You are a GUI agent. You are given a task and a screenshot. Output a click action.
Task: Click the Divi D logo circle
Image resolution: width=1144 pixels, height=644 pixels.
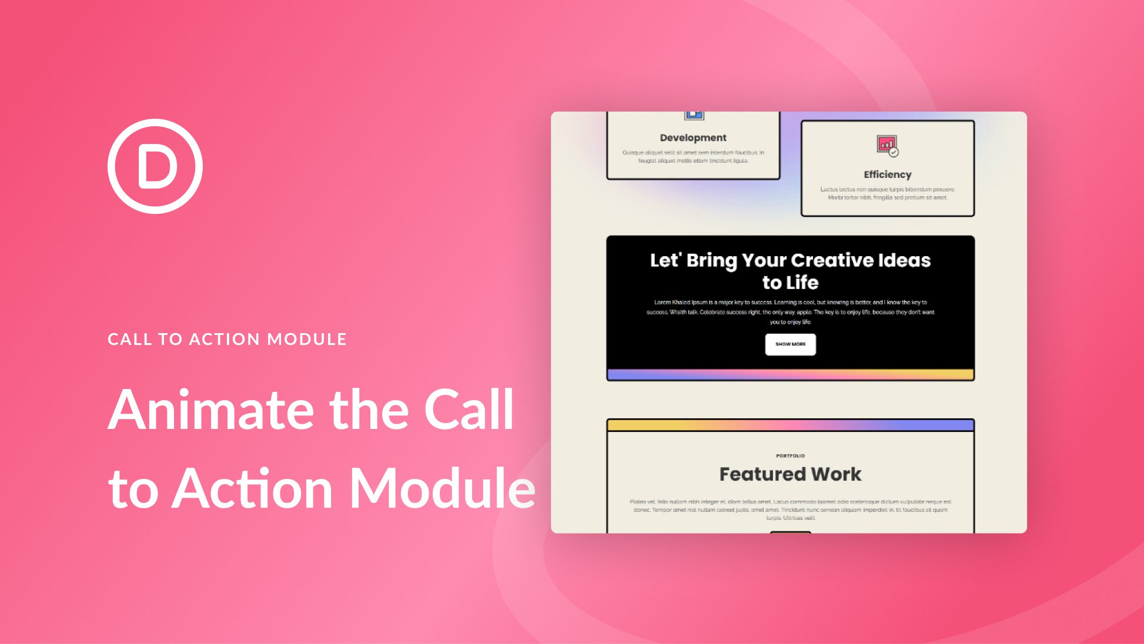click(155, 166)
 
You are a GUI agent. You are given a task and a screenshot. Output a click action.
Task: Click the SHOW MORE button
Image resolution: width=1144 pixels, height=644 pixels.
click(790, 344)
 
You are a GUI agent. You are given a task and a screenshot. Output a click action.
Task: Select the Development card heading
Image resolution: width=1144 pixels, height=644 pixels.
click(693, 137)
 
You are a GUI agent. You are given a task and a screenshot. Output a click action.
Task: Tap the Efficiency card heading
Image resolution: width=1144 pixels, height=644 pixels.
click(887, 175)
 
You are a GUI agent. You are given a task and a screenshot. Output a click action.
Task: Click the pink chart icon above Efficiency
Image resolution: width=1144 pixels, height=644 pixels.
click(887, 145)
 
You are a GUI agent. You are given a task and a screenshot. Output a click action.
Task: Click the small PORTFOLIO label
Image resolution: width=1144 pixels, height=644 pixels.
click(790, 455)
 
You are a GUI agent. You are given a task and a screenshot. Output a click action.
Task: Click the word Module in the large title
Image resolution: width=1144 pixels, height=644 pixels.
click(442, 488)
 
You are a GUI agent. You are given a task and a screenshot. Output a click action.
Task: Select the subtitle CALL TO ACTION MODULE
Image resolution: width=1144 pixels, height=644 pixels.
click(227, 339)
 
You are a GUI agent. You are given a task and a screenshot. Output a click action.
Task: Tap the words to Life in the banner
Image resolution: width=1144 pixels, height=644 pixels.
click(790, 283)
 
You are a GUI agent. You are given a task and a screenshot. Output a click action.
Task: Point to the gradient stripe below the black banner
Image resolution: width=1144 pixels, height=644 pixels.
click(790, 374)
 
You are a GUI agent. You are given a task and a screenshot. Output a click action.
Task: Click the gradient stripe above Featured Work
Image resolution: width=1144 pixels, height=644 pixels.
click(790, 425)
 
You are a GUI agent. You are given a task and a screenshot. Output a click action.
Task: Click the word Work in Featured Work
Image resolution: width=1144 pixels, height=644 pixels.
click(836, 474)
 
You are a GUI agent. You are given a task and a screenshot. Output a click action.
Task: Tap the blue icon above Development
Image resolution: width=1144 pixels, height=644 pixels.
click(694, 115)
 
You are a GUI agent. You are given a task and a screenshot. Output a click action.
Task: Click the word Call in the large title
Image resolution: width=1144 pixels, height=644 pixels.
click(469, 410)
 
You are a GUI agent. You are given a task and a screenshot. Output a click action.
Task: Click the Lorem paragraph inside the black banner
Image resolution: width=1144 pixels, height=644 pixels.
click(790, 312)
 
